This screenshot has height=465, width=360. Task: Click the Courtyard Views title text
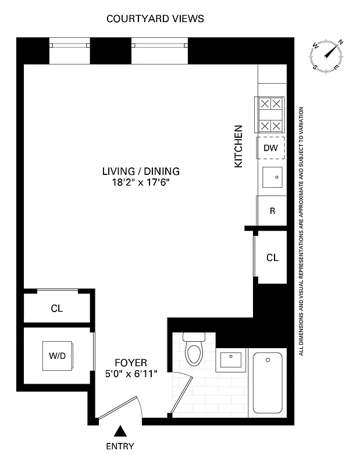[155, 19]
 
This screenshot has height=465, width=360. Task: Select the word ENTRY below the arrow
[120, 446]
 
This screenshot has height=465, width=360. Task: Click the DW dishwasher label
[270, 148]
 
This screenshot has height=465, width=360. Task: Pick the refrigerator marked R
[272, 211]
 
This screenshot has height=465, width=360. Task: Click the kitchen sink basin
[272, 177]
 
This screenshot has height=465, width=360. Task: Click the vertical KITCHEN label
[238, 146]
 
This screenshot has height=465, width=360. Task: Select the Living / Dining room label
[141, 171]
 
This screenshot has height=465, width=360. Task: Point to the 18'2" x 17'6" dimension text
[141, 183]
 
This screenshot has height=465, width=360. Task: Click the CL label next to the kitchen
[272, 257]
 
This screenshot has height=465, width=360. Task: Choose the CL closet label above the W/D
[56, 309]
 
